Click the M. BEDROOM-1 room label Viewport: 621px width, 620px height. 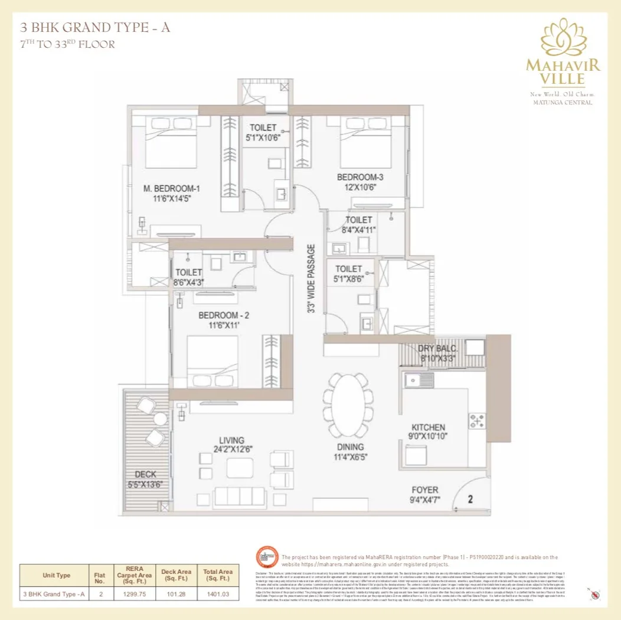coord(171,188)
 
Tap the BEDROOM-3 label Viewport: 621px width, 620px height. coord(360,177)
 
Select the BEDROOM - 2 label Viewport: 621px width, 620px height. coord(227,315)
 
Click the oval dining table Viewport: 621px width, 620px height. coord(348,404)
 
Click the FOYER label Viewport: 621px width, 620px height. coord(425,490)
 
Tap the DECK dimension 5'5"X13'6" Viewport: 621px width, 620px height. coord(145,484)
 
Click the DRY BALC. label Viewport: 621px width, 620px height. coord(438,348)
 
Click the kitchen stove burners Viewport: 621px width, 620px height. coord(476,421)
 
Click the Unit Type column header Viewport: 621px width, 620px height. coord(56,575)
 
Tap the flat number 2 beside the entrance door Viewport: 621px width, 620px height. coord(470,499)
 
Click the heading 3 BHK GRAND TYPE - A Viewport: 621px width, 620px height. coord(95,27)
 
